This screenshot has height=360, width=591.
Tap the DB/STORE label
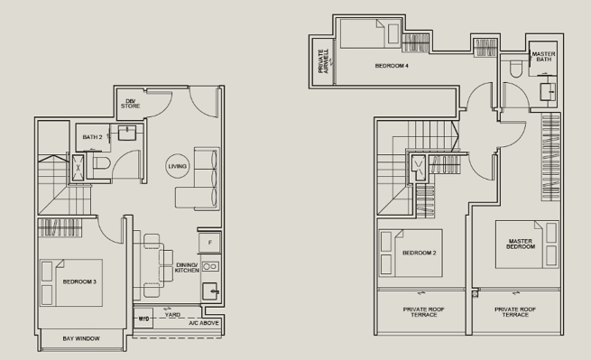(131, 104)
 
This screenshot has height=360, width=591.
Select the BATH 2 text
(92, 137)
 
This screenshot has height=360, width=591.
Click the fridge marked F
(210, 243)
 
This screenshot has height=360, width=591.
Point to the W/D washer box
(143, 318)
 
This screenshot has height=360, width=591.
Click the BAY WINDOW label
(81, 338)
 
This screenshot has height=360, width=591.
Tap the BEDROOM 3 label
(79, 282)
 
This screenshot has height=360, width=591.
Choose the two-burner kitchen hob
(210, 267)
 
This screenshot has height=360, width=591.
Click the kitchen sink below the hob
(210, 291)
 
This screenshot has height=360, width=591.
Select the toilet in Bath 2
(101, 163)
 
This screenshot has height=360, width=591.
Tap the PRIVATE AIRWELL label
(323, 61)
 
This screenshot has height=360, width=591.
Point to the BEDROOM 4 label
(392, 66)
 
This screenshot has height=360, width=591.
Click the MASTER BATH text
(543, 57)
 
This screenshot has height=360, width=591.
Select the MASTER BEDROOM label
(521, 244)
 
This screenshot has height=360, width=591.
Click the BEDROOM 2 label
(420, 253)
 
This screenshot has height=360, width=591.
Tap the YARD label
(172, 314)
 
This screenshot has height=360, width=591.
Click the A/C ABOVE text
(204, 323)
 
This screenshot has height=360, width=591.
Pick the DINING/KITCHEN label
(187, 268)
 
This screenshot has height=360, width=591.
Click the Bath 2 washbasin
(127, 133)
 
